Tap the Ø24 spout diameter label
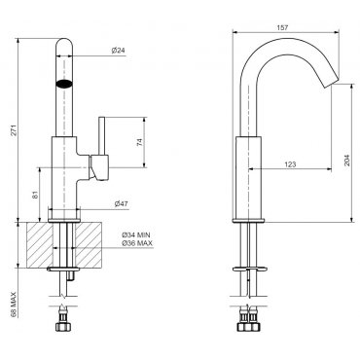coord(118,51)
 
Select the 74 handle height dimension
coord(140,142)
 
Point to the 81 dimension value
coord(35,195)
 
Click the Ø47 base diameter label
coord(121,203)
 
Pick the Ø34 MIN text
coord(136,235)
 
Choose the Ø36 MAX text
coord(137,243)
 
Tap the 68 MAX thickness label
coord(14,305)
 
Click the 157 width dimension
coord(282,28)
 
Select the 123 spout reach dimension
coord(290,164)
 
